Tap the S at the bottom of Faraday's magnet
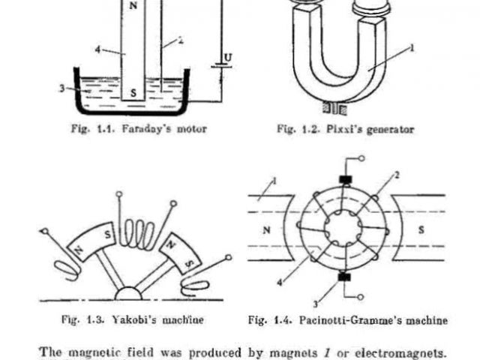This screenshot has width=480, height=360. (134, 93)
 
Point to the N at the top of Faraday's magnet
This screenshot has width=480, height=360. (134, 3)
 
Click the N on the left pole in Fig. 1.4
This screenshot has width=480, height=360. (266, 231)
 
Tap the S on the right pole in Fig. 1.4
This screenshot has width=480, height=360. (420, 230)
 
